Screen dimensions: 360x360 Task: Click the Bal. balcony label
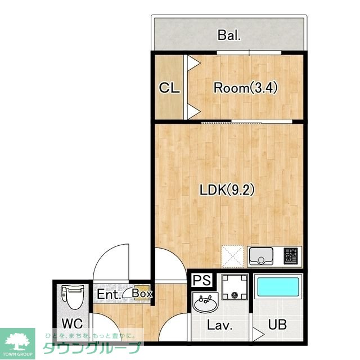[x=229, y=35]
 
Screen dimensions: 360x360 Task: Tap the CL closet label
[x=169, y=88]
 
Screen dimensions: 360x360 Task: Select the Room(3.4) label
[x=246, y=88]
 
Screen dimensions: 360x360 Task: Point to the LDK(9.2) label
[x=227, y=190]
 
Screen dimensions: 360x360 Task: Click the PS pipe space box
[x=202, y=280]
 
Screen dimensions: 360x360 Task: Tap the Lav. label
[x=219, y=325]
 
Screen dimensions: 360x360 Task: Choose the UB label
[x=277, y=325]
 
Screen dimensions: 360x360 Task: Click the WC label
[x=73, y=323]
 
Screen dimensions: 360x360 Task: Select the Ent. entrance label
[x=109, y=294]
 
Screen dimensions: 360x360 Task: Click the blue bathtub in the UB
[x=278, y=287]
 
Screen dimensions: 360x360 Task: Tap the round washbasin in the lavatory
[x=205, y=303]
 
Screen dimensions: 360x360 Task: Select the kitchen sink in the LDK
[x=261, y=256]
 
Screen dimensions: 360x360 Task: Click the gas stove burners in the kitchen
[x=290, y=256]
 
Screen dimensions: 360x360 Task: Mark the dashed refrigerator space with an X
[x=232, y=256]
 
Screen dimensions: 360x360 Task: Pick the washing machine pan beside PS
[x=235, y=287]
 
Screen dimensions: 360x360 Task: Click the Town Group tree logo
[x=17, y=342]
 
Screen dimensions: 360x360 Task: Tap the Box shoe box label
[x=142, y=294]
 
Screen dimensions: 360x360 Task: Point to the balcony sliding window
[x=249, y=52]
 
